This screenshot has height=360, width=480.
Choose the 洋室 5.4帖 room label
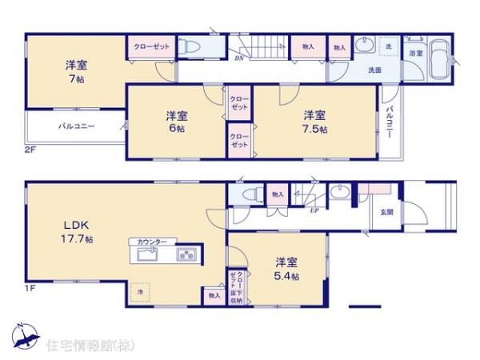(x=286, y=268)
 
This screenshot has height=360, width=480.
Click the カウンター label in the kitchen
(x=152, y=242)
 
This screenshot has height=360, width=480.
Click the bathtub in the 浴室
(x=439, y=60)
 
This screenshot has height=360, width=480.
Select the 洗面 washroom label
(x=374, y=70)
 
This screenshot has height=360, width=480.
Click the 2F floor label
(x=30, y=150)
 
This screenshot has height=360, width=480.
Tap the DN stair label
(x=238, y=58)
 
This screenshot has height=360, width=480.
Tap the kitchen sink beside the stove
(x=148, y=254)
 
